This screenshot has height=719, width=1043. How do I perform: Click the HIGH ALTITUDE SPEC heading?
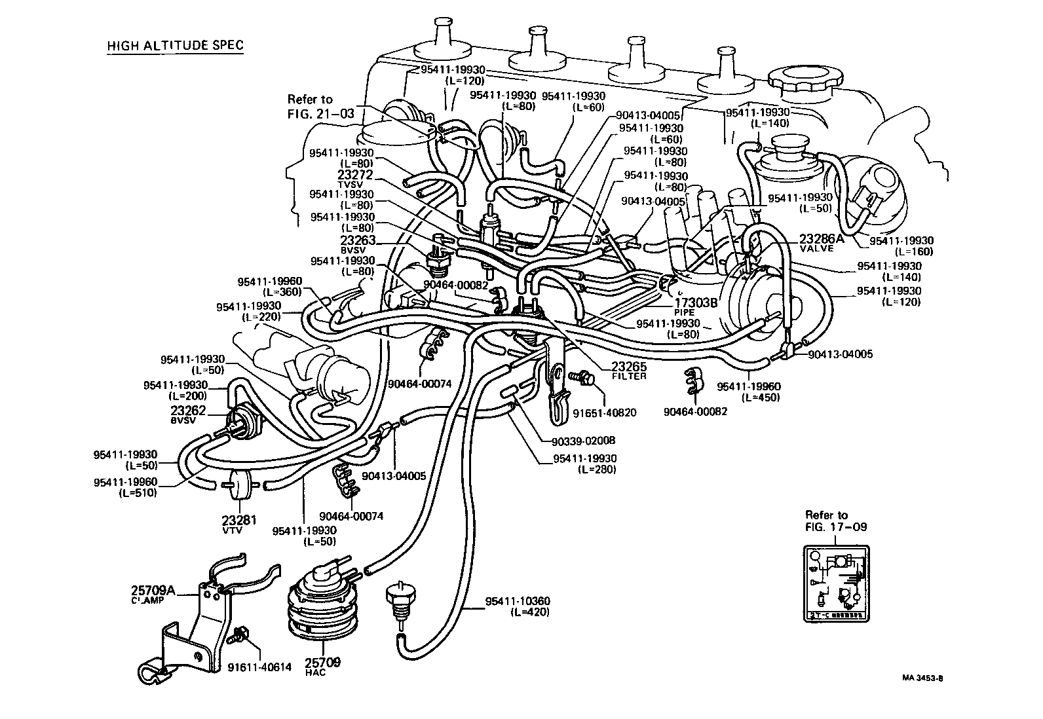[175, 45]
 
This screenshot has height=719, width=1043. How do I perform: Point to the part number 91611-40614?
[259, 668]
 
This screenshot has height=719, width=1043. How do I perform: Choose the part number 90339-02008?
[583, 441]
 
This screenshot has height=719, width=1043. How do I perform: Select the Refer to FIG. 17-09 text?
[835, 521]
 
